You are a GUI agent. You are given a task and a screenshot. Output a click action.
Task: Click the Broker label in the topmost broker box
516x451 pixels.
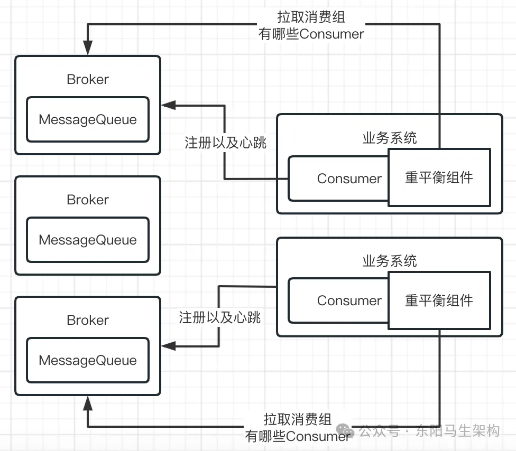pyautogui.click(x=88, y=79)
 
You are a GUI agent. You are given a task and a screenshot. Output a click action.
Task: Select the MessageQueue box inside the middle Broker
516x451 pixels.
pyautogui.click(x=88, y=240)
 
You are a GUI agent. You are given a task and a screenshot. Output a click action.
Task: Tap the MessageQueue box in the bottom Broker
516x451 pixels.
pyautogui.click(x=88, y=360)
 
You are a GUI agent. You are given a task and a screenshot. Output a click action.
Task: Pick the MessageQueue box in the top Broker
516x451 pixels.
pyautogui.click(x=88, y=119)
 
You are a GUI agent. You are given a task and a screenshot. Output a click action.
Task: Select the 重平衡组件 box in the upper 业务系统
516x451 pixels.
pyautogui.click(x=439, y=177)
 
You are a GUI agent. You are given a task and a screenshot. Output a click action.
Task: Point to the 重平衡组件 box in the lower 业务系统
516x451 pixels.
pyautogui.click(x=439, y=300)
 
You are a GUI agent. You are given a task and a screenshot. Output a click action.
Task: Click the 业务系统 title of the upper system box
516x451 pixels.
pyautogui.click(x=390, y=138)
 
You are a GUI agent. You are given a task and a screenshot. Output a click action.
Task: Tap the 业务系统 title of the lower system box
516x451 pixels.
pyautogui.click(x=390, y=260)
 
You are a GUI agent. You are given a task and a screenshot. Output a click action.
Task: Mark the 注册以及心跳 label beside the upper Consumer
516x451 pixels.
pyautogui.click(x=226, y=143)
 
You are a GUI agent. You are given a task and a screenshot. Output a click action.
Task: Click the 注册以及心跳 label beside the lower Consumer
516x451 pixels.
pyautogui.click(x=220, y=317)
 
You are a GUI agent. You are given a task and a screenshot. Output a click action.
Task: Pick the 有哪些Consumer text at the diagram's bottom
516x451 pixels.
pyautogui.click(x=298, y=436)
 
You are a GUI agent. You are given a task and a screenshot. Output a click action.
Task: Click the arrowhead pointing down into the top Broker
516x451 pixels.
pyautogui.click(x=88, y=50)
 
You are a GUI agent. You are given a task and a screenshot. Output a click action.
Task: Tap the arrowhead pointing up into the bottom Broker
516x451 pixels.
pyautogui.click(x=88, y=402)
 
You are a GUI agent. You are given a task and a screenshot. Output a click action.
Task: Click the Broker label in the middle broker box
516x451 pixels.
pyautogui.click(x=88, y=200)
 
